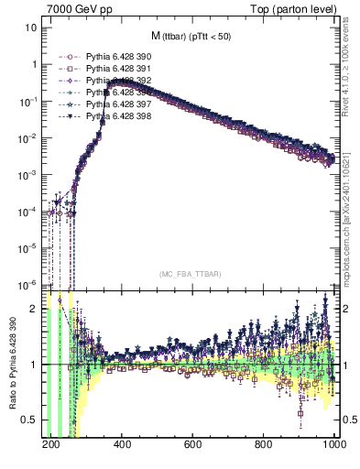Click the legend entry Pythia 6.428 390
pyautogui.click(x=118, y=57)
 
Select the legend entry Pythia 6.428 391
pyautogui.click(x=118, y=69)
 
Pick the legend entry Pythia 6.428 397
pyautogui.click(x=118, y=104)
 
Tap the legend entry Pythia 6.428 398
pyautogui.click(x=118, y=116)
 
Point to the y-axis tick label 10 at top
pyautogui.click(x=28, y=27)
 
